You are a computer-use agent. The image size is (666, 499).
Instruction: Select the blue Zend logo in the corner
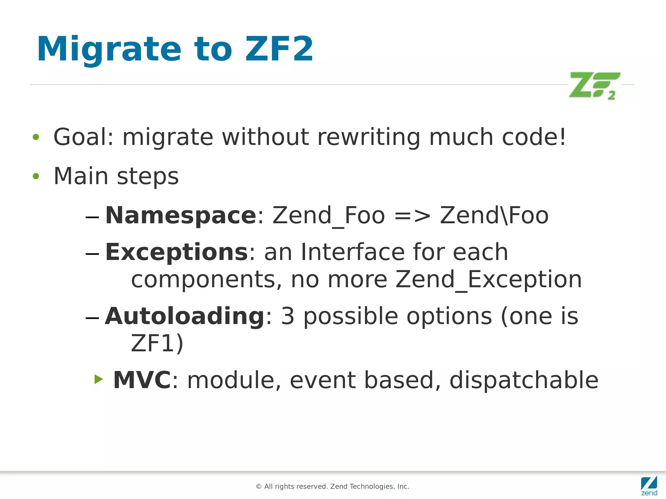649,485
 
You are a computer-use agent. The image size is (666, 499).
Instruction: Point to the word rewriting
369,138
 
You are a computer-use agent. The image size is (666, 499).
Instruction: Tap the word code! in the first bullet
534,137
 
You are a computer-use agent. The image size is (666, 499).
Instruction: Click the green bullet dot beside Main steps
36,176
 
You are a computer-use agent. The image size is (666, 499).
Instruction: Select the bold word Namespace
181,216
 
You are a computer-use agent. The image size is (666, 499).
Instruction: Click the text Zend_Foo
328,216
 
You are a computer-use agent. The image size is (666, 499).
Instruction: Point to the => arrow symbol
412,216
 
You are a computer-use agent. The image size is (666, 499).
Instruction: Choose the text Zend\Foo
494,216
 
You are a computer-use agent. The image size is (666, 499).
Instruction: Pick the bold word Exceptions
177,252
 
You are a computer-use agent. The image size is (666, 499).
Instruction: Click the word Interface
353,252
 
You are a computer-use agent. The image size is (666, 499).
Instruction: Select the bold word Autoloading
185,316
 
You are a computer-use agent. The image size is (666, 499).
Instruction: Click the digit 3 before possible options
287,316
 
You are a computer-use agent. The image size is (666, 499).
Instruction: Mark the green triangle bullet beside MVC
99,379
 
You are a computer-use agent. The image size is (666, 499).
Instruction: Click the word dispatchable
524,380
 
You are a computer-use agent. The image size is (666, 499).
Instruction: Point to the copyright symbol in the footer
259,487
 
